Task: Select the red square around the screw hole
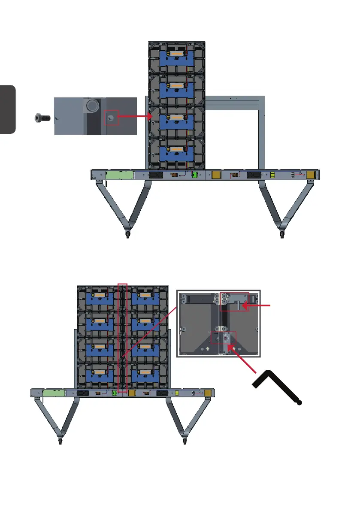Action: click(x=112, y=117)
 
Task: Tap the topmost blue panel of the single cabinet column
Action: click(x=177, y=57)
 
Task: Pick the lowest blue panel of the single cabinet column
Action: click(x=177, y=153)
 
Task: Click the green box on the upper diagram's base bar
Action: click(x=120, y=175)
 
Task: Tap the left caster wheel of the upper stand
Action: click(x=127, y=234)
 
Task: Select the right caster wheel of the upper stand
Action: click(x=282, y=234)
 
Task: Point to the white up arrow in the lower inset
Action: click(x=207, y=349)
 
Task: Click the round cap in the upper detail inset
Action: click(x=91, y=106)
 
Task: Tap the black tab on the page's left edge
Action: click(x=8, y=109)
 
